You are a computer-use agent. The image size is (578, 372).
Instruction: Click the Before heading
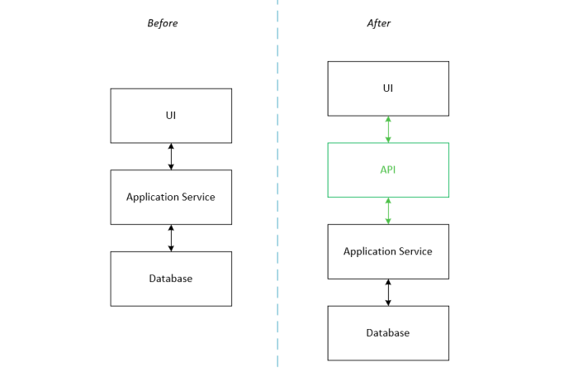[162, 23]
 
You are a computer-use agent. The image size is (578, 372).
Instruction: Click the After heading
[378, 23]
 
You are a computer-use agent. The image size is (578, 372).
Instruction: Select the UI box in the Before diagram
[171, 116]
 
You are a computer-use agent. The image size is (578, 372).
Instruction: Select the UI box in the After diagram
[388, 88]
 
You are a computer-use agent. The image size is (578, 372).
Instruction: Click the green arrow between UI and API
[388, 129]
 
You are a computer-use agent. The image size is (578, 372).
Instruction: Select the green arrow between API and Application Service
[388, 211]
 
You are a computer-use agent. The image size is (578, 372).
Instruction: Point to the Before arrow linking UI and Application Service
[171, 156]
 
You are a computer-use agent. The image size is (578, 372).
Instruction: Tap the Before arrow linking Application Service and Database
[171, 237]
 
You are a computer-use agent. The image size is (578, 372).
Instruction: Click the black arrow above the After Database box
[388, 292]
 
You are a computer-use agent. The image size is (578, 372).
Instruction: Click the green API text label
[388, 169]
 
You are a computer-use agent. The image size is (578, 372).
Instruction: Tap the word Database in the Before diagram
[171, 279]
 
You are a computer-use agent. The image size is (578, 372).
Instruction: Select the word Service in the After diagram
[415, 251]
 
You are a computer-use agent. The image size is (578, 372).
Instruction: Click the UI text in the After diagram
[388, 88]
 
